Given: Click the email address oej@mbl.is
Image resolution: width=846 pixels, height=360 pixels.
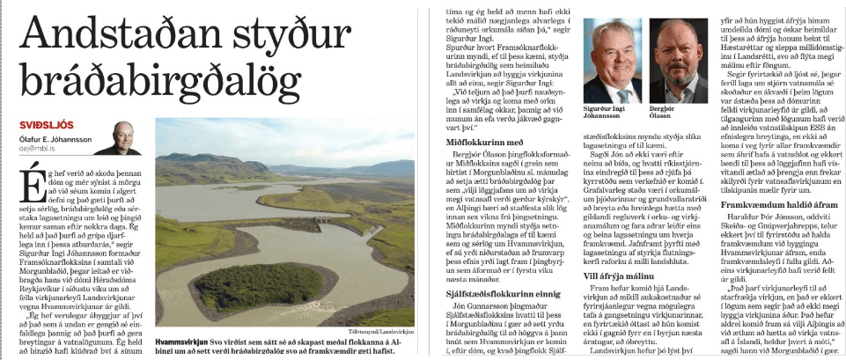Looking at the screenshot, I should pos(48,149).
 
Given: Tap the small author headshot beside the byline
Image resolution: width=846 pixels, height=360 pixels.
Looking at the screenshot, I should pos(129,138).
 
